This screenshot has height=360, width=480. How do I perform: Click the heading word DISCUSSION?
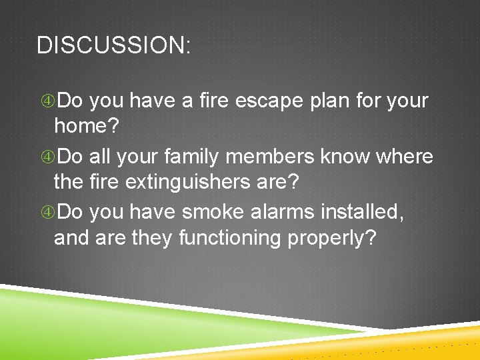coord(114,45)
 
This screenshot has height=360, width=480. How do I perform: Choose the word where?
coord(405,157)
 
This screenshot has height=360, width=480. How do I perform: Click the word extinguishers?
coord(198,181)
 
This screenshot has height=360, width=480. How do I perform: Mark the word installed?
coord(363,212)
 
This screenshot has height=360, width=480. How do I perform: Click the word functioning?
coord(230,237)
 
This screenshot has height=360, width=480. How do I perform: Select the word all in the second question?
coord(99,157)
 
